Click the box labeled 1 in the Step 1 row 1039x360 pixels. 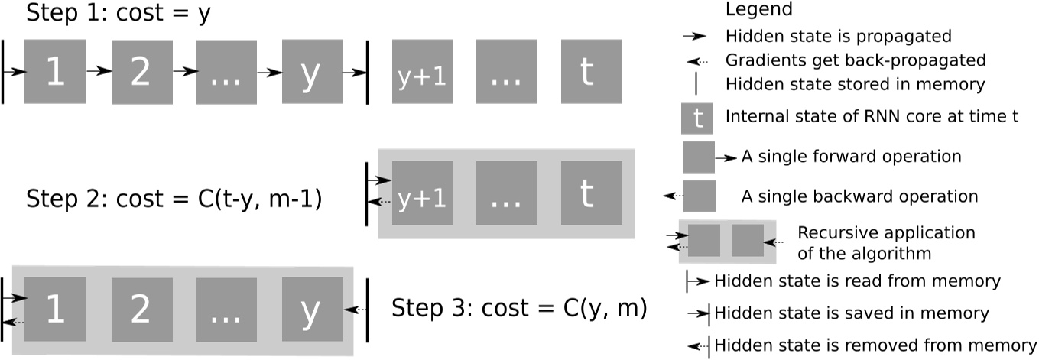[55, 72]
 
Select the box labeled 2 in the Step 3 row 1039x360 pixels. [141, 310]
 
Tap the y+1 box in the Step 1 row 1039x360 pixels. [422, 72]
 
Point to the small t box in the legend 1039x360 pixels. [697, 118]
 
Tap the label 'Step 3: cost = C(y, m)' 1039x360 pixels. [520, 309]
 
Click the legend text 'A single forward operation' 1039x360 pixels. [851, 157]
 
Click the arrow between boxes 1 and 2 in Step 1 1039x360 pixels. [98, 71]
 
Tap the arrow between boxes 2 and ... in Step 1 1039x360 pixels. [183, 71]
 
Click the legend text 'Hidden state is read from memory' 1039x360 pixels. [857, 281]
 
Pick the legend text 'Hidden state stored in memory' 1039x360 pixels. [855, 84]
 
